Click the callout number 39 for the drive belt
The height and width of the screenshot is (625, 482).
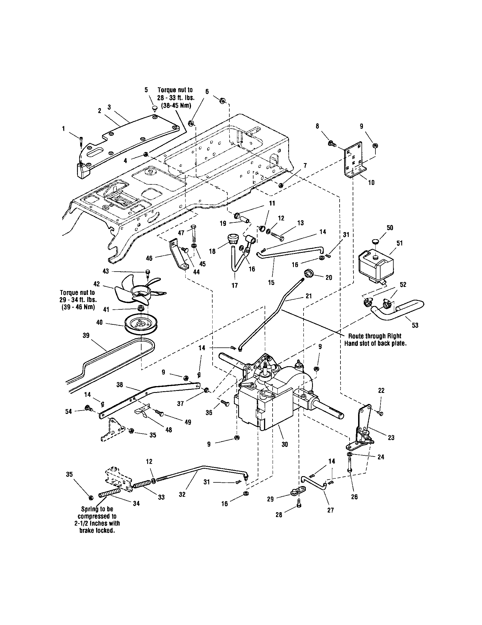coord(86,336)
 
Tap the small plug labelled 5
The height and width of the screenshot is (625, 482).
coord(155,109)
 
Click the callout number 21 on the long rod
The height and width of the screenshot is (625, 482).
coord(308,296)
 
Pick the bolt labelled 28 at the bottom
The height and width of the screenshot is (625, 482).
coord(298,506)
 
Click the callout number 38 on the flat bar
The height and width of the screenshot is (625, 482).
coord(120,385)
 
